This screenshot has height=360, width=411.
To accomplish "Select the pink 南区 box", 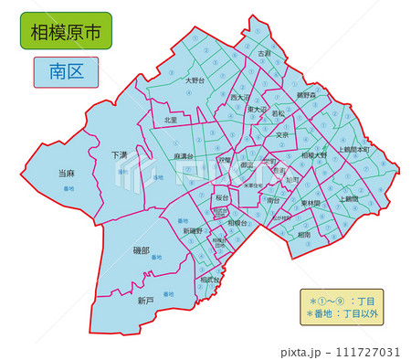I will click(x=66, y=71).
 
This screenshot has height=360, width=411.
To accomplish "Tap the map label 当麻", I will click(x=66, y=173).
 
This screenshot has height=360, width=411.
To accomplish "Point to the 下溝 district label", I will click(x=120, y=154).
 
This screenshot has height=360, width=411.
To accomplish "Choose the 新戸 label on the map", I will click(x=145, y=300).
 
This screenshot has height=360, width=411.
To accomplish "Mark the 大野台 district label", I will click(x=195, y=80).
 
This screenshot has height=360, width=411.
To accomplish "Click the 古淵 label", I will click(x=265, y=55).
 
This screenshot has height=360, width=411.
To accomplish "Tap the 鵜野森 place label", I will click(x=306, y=95).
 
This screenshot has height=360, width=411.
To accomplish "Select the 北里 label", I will click(x=171, y=120).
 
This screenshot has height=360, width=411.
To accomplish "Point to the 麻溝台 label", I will click(x=184, y=156).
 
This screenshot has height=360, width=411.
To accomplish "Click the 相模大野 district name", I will click(x=313, y=155).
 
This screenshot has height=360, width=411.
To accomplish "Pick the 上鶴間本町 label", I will click(x=353, y=149).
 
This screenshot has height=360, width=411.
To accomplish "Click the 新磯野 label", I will click(x=192, y=231).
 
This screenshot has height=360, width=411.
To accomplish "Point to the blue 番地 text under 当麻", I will click(x=67, y=188).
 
